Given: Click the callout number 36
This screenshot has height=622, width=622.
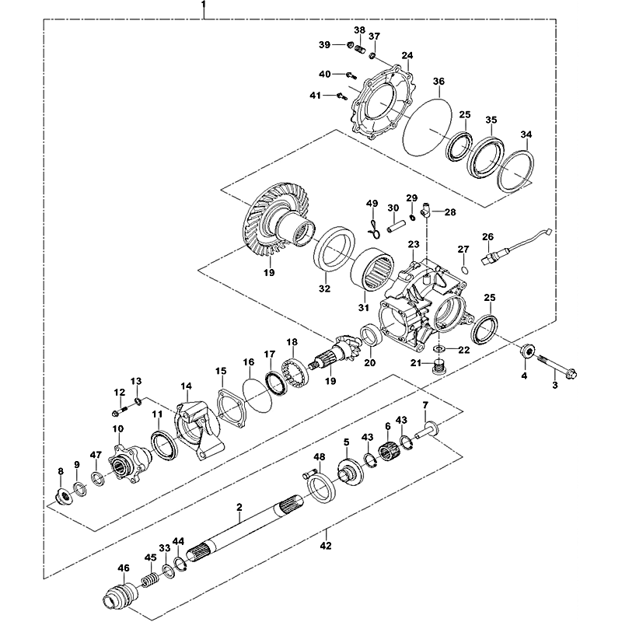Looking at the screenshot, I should [439, 82].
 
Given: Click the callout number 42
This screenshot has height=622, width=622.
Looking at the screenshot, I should [326, 546].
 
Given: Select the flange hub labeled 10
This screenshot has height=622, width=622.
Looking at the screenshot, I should [123, 462].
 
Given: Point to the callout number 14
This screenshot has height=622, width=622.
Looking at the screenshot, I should [186, 386].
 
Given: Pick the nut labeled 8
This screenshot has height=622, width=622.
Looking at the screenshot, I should [61, 495].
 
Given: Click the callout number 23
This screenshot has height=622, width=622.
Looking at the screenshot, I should [413, 246].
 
